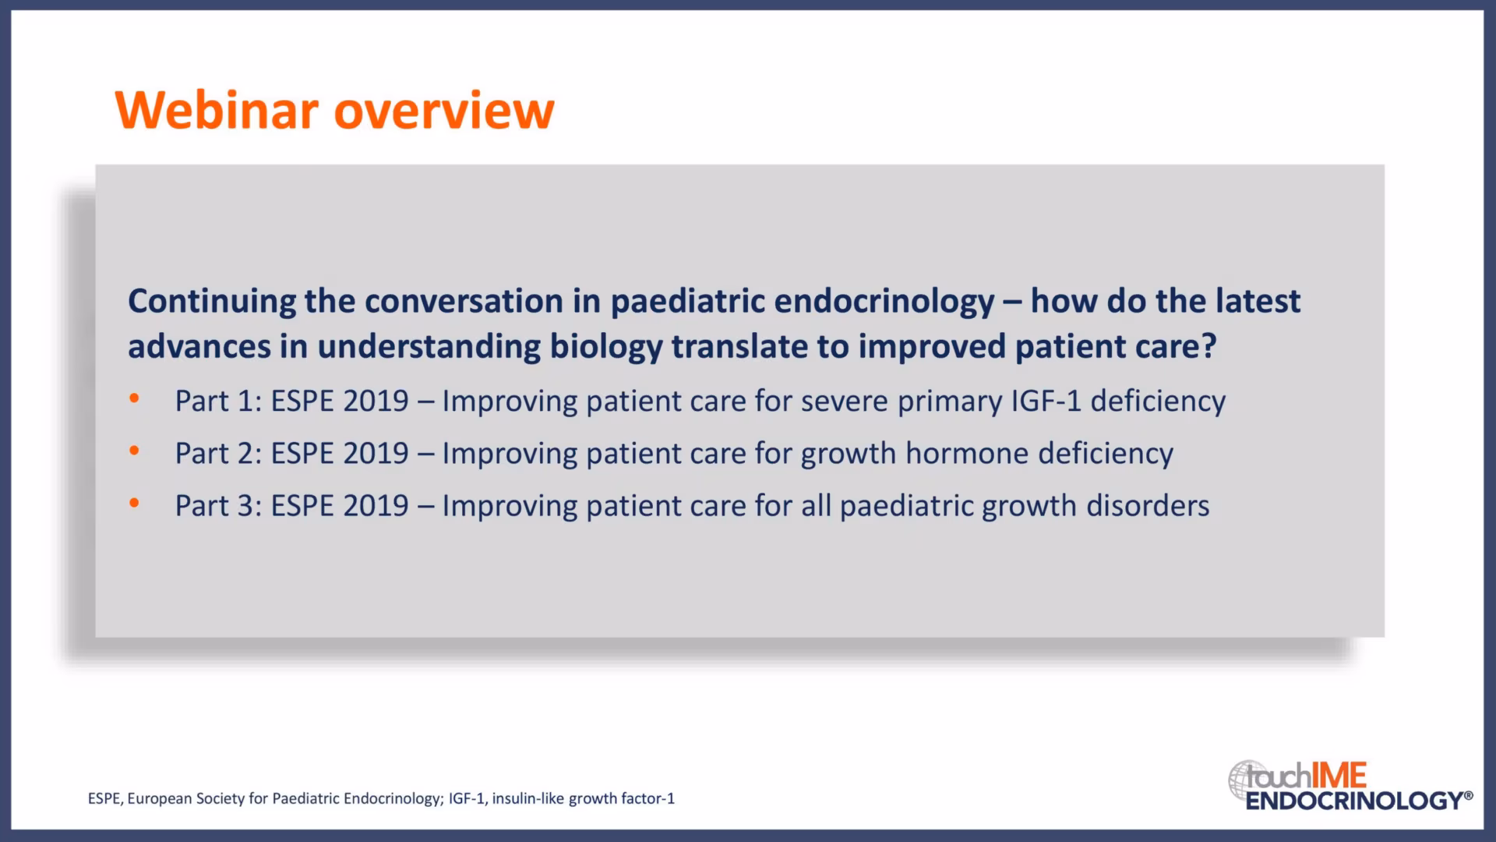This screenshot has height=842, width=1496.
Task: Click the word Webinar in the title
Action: (217, 110)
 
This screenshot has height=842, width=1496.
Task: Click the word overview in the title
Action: (444, 110)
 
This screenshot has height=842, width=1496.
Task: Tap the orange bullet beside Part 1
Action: (134, 398)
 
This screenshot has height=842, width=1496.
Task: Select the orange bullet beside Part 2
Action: (134, 451)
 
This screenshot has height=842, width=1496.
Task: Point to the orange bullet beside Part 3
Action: (134, 503)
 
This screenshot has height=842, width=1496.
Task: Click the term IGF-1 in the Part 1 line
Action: (1046, 401)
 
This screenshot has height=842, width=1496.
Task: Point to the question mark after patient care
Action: (1208, 346)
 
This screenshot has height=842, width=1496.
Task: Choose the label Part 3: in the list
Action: (218, 505)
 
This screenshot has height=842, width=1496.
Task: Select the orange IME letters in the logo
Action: (1339, 776)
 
